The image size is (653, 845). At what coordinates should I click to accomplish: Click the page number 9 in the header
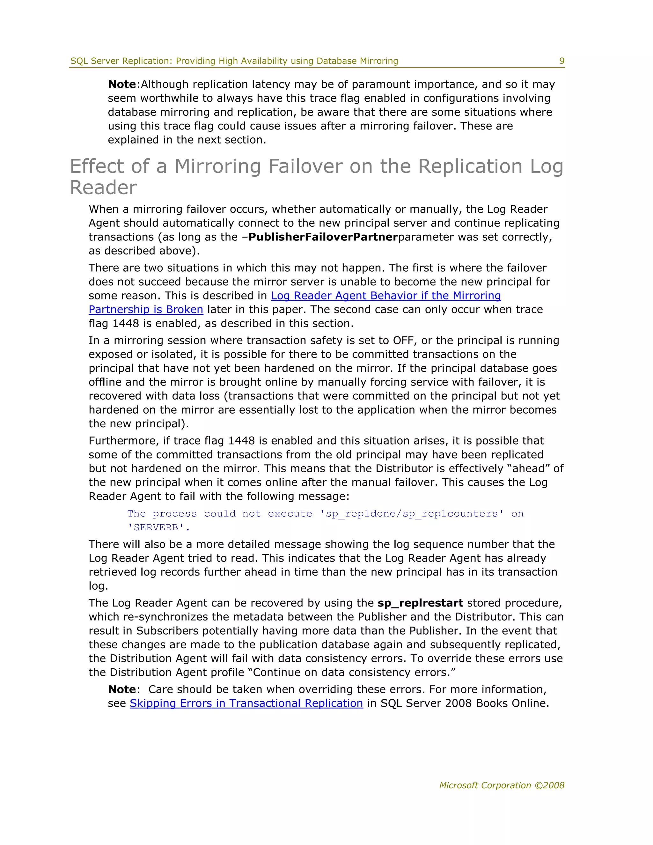coord(562,61)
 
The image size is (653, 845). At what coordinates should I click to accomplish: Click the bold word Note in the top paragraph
coord(121,84)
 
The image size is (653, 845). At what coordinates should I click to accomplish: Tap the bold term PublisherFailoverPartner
coord(323,237)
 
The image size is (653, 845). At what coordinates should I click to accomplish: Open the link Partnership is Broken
coord(146,310)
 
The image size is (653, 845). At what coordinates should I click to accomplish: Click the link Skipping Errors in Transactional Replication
coord(246,703)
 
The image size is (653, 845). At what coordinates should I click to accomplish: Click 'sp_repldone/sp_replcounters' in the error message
coord(412,513)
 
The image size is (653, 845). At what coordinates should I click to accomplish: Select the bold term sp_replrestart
coord(420,603)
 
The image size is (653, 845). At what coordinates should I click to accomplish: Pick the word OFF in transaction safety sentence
coord(403,341)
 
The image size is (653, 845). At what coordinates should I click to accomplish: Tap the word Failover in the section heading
coord(305,166)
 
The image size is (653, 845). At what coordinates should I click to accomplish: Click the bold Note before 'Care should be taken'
coord(121,689)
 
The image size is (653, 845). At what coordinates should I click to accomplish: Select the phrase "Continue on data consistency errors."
coord(354,672)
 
